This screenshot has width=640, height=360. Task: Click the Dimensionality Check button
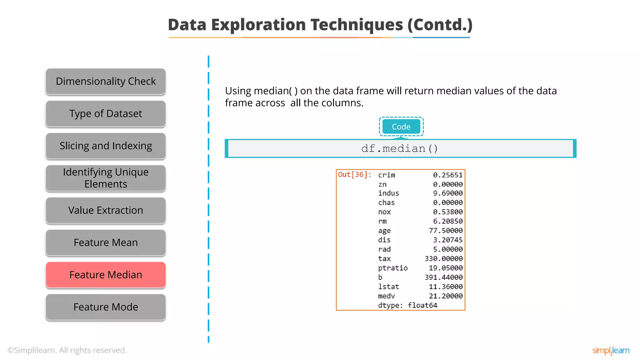pos(106,81)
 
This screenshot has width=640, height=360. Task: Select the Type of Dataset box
pos(106,113)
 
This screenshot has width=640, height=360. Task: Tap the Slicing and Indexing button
pos(106,146)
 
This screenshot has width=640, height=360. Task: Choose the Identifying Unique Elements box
pos(106,178)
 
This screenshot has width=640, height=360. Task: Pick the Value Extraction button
pos(106,210)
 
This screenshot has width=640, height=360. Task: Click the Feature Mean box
pos(106,242)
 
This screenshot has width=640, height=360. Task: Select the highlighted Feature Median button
pos(106,275)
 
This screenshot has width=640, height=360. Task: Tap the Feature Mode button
pos(106,307)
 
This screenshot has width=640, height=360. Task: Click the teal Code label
pos(401,127)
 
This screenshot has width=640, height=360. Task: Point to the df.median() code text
pos(400,148)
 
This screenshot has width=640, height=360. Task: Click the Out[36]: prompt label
pos(355,174)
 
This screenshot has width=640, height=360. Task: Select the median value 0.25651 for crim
pos(447,175)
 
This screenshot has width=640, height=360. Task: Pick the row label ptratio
pos(393,268)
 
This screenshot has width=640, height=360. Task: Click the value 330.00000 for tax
pos(443,258)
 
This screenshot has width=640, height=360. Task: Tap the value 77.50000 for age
pos(446,230)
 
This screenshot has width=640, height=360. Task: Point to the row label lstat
pos(388,287)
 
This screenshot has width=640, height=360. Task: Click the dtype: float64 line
pos(407,305)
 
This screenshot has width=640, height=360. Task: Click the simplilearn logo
pos(611,351)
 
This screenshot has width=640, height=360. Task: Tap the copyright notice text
pos(67,350)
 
